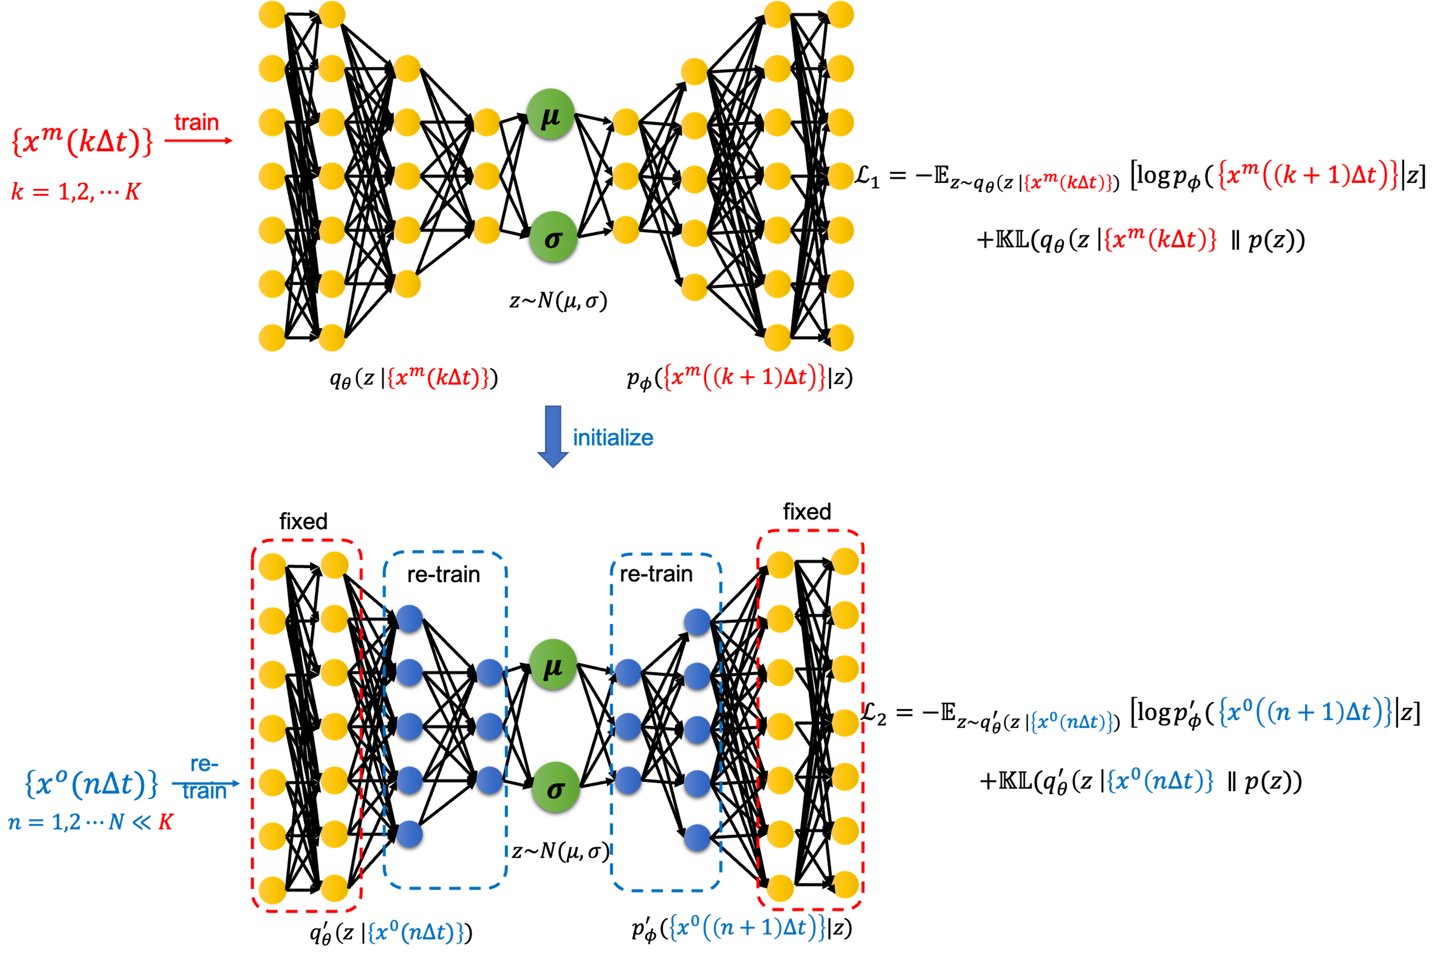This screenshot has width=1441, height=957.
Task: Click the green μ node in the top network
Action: [x=550, y=114]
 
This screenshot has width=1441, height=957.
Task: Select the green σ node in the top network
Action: [x=553, y=237]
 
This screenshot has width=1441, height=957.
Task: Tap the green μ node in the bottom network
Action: [x=553, y=664]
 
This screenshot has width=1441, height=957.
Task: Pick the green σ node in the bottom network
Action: [x=555, y=787]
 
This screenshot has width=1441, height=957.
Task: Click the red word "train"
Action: [x=196, y=123]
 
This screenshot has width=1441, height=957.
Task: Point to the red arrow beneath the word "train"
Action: [x=199, y=141]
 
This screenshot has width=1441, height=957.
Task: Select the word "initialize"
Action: [x=613, y=438]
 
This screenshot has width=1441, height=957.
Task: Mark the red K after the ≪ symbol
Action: [x=166, y=822]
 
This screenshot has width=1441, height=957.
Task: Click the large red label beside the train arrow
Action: [x=82, y=141]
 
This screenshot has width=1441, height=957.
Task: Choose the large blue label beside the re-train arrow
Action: [x=92, y=783]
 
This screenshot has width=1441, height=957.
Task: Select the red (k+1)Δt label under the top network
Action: [x=744, y=377]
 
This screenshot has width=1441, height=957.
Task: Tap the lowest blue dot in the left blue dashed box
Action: [x=410, y=834]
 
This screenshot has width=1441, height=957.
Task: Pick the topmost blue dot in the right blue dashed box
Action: [x=697, y=622]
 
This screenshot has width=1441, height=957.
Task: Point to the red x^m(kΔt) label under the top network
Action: [x=438, y=377]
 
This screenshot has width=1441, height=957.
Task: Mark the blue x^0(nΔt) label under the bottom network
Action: [x=416, y=932]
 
